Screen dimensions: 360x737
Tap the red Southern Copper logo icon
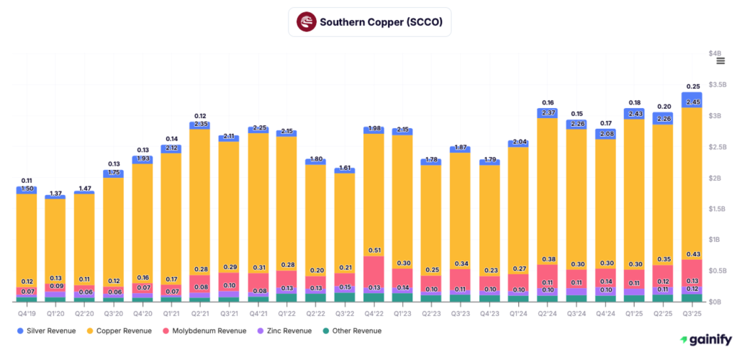pos(306,22)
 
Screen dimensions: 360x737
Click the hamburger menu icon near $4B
pos(720,61)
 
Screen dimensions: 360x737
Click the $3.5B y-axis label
pos(717,85)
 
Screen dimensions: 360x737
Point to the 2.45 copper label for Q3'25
pos(692,103)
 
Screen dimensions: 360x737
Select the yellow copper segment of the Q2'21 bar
pos(200,202)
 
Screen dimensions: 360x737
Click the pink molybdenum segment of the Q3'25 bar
pos(692,272)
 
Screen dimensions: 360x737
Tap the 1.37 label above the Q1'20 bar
pos(55,194)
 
